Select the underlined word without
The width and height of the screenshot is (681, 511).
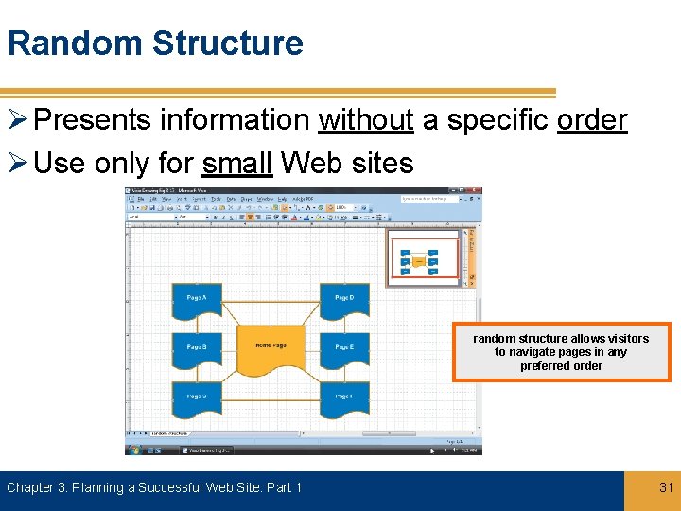click(x=366, y=120)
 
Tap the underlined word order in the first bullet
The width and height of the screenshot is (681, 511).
click(x=591, y=120)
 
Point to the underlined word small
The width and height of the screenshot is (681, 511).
click(x=237, y=164)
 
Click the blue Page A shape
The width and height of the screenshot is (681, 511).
click(x=197, y=300)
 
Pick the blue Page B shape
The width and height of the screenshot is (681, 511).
click(x=197, y=349)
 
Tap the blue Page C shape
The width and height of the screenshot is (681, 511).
click(x=197, y=398)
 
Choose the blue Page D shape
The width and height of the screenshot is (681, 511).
click(x=344, y=300)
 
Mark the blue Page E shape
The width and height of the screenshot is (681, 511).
click(x=344, y=349)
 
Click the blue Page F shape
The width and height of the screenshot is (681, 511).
click(x=344, y=398)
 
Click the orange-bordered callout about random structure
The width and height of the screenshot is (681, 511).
click(x=561, y=352)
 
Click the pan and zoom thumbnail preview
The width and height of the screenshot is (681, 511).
click(x=422, y=258)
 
